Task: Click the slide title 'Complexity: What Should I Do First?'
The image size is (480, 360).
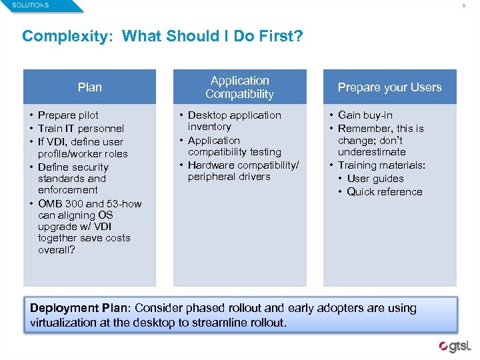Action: [162, 35]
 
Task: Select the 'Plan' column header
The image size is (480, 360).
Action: [90, 87]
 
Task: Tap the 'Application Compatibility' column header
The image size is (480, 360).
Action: [239, 87]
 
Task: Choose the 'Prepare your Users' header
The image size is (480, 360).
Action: [389, 87]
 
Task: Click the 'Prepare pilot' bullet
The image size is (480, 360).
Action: [68, 115]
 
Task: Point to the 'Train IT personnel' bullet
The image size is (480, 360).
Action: [81, 128]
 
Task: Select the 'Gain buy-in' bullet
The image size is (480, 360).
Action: [365, 115]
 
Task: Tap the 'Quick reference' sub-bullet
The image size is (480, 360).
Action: [385, 192]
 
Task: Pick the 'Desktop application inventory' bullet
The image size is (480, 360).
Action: [234, 121]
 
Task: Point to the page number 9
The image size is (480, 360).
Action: [465, 6]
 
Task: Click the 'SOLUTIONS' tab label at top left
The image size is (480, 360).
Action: [31, 5]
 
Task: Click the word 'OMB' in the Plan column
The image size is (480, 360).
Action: [51, 204]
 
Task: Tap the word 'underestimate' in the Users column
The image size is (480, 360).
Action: [371, 152]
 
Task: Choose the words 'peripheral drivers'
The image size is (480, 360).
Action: [229, 177]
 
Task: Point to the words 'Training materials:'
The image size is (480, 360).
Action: [381, 165]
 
